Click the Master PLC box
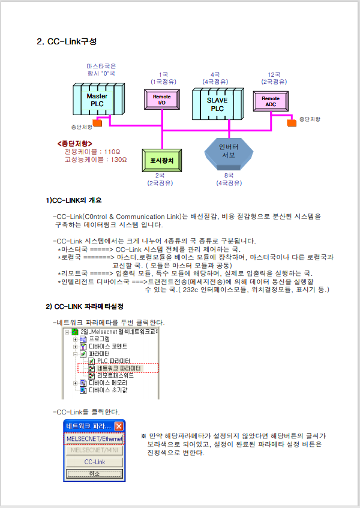pos(97,100)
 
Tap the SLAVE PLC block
pos(217,105)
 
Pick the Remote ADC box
pos(271,101)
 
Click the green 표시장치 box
pos(161,161)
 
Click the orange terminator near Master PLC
pos(97,123)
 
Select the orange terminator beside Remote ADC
pos(292,122)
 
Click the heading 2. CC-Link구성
pos(67,42)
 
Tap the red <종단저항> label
pos(75,144)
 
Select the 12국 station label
pos(274,74)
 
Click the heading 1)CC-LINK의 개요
pos(78,200)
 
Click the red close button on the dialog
pos(119,426)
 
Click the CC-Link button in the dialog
pos(94,462)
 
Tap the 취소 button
pos(94,473)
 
